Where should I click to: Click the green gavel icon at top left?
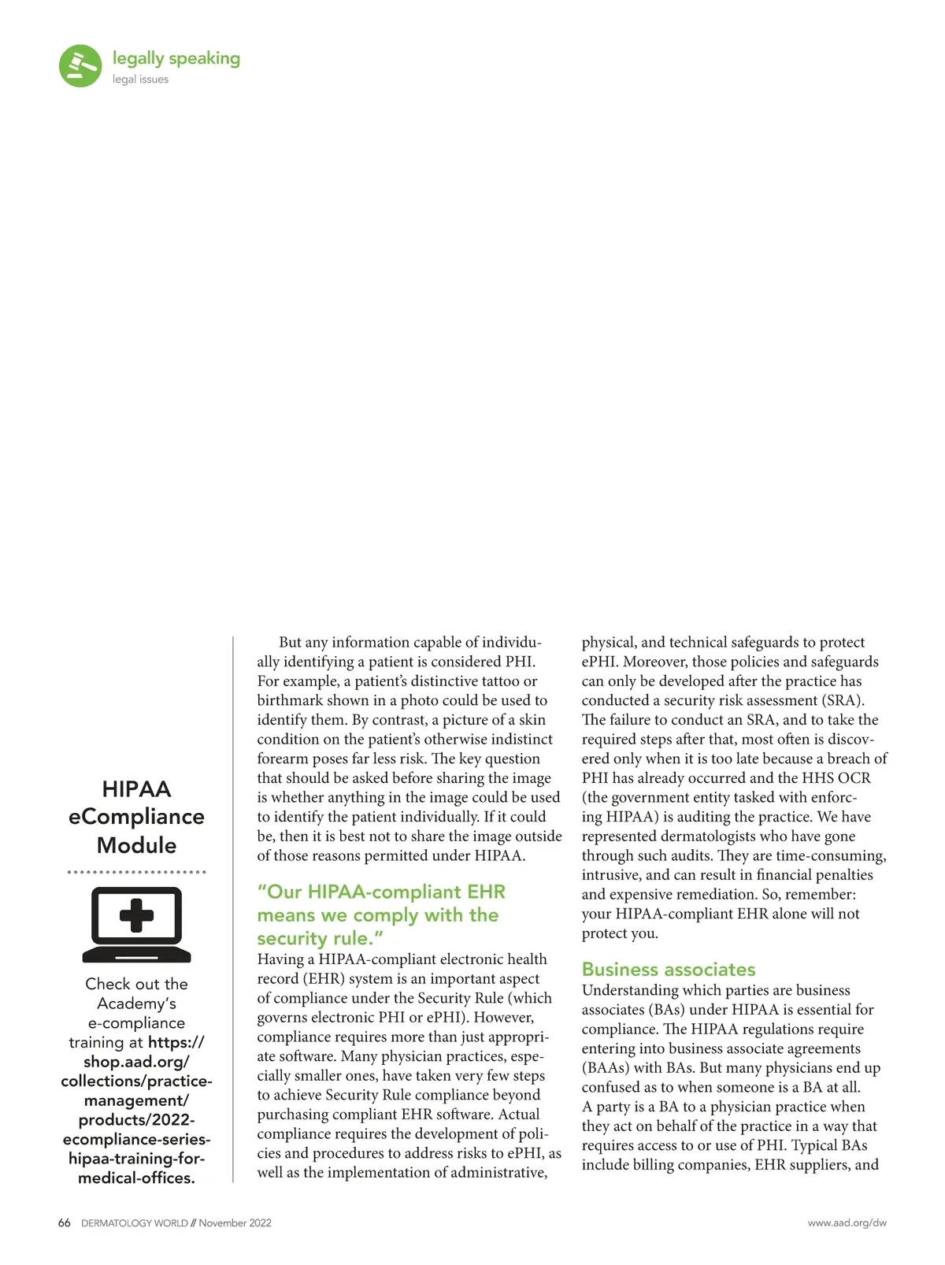[80, 65]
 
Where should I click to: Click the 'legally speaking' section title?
[176, 58]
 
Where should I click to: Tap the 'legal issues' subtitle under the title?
[140, 80]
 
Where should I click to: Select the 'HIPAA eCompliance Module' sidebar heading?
[136, 817]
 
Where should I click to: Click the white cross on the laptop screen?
[136, 916]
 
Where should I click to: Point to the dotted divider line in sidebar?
[136, 872]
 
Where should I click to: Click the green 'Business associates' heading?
[668, 970]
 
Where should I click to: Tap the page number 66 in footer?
[65, 1223]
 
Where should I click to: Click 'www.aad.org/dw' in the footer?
[847, 1223]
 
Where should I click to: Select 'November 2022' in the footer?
[235, 1223]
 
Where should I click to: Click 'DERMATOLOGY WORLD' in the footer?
[134, 1223]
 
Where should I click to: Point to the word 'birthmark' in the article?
[289, 701]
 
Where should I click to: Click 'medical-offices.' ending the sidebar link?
[136, 1178]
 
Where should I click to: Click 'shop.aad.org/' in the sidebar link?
[136, 1062]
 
